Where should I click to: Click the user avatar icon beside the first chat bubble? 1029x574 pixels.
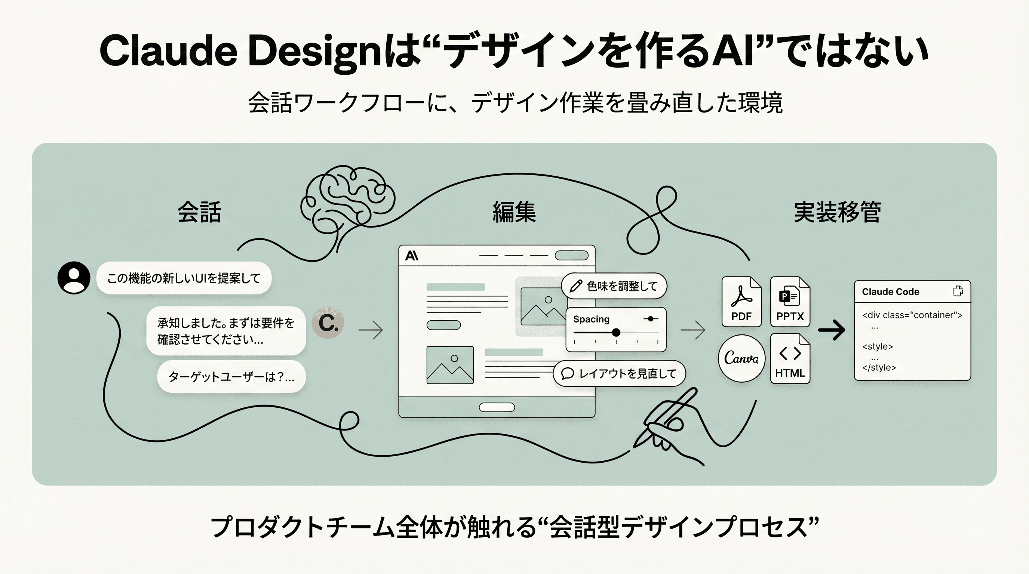[74, 278]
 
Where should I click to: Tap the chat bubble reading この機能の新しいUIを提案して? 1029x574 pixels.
[184, 278]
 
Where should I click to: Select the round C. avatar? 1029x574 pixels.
[328, 323]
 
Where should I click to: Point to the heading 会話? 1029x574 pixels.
[199, 212]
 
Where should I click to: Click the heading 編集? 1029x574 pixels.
[514, 212]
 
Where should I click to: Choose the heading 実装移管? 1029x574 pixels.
[837, 212]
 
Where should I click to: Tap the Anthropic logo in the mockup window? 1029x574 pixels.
[411, 256]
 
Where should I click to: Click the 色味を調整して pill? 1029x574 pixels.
[614, 286]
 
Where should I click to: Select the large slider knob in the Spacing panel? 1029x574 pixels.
[616, 332]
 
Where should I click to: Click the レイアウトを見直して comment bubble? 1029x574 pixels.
[620, 374]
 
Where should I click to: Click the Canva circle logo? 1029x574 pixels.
[741, 358]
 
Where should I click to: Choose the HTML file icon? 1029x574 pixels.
[790, 358]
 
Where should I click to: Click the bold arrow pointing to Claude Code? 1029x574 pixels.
[832, 330]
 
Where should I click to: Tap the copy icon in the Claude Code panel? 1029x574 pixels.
[958, 291]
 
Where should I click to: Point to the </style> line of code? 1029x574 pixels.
[879, 368]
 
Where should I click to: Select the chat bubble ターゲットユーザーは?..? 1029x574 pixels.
[231, 376]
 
